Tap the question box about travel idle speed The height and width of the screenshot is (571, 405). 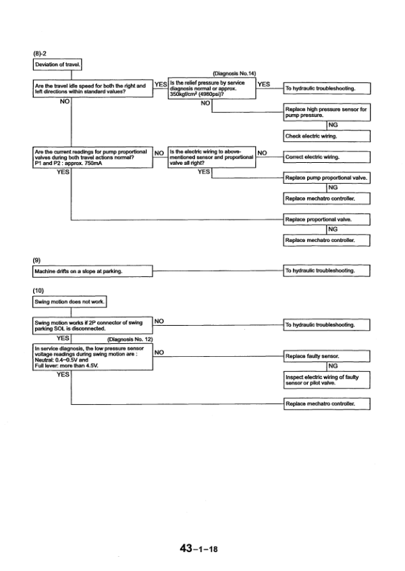click(92, 89)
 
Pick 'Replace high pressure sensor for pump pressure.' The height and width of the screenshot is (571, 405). click(327, 112)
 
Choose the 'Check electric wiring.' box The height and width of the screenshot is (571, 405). click(327, 136)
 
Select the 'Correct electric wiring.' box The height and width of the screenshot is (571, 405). click(327, 157)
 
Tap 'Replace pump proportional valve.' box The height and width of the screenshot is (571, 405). click(327, 178)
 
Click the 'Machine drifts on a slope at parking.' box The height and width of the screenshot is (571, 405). click(92, 272)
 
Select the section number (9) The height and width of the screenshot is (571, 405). click(37, 260)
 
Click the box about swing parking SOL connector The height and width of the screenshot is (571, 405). click(92, 325)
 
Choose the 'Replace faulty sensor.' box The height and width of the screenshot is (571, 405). click(327, 355)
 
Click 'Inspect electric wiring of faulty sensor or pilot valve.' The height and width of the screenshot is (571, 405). click(327, 380)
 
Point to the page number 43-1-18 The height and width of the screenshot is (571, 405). click(198, 549)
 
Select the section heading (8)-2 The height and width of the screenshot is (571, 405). click(40, 53)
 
